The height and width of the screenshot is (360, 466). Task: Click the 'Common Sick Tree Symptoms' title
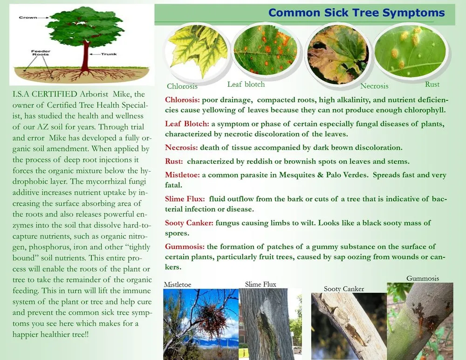(x=356, y=13)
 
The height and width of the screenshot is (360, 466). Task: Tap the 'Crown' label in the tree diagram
(x=27, y=18)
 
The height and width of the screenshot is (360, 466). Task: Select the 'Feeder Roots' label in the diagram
(x=40, y=53)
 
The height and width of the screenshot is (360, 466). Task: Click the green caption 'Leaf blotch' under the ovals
(x=246, y=84)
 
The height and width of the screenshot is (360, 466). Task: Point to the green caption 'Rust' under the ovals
(x=432, y=84)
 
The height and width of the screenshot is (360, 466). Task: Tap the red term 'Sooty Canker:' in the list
(x=189, y=223)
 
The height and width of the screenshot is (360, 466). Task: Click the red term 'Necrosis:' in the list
(x=181, y=148)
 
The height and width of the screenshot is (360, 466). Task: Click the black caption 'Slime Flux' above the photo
(x=260, y=284)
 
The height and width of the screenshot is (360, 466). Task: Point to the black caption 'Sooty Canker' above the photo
(x=344, y=289)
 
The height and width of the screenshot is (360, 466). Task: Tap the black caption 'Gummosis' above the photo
(x=423, y=278)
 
